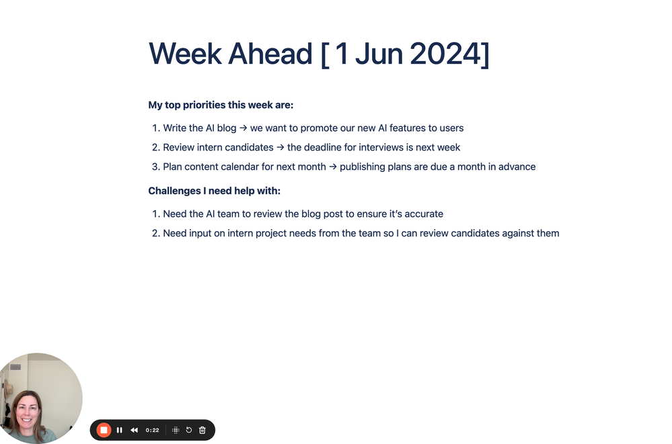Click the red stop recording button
104,430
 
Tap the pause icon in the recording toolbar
120,430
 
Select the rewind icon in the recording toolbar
134,430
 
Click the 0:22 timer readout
152,431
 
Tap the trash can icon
202,430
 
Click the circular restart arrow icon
189,430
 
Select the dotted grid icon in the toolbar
176,430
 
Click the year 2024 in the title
446,54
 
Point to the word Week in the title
185,54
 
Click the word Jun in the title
379,54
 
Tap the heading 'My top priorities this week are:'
221,105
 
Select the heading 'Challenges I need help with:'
215,191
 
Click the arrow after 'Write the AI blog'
244,128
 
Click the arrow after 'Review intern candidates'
281,147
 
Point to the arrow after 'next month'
333,167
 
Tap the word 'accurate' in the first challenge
424,214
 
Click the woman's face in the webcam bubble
28,412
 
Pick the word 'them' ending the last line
548,233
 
